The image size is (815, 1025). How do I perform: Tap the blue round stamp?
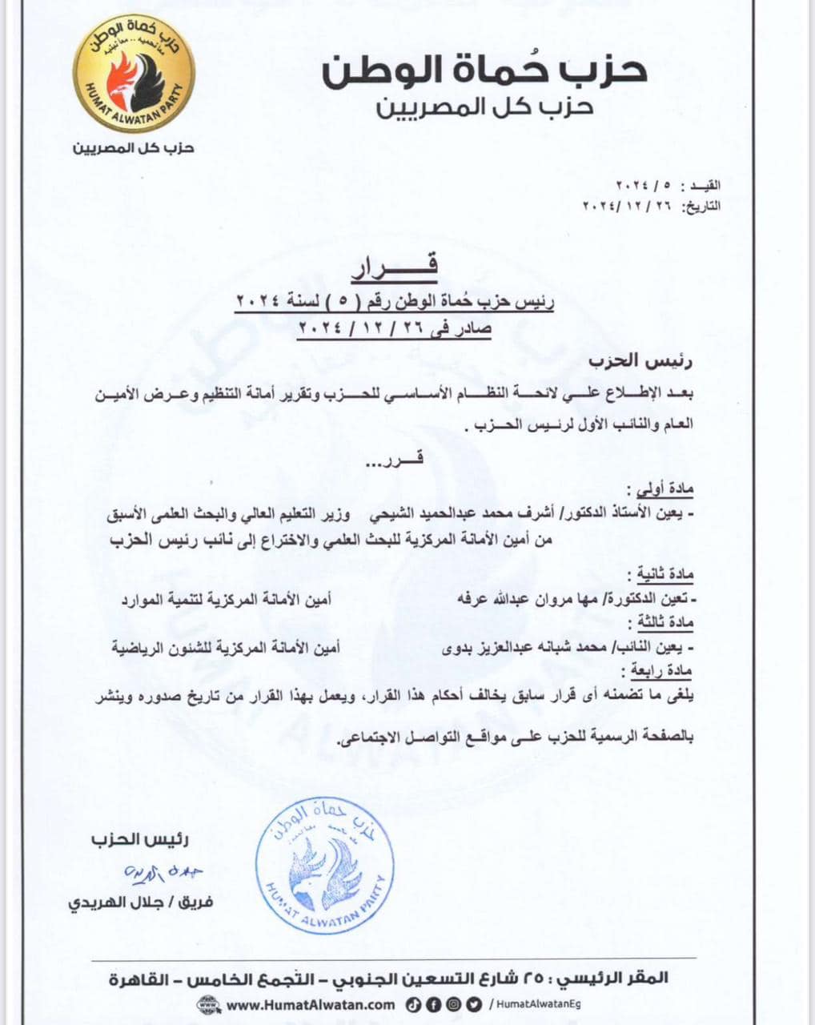[324, 864]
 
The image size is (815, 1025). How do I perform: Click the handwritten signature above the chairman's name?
[155, 872]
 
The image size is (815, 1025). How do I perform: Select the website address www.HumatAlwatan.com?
[311, 1004]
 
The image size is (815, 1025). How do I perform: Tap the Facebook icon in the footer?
[436, 1004]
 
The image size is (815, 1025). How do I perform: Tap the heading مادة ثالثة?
[663, 622]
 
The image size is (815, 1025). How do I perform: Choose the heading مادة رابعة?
[661, 670]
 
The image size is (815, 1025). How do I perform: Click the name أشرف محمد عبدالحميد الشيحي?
[444, 517]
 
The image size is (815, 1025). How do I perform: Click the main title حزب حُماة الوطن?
[484, 71]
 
